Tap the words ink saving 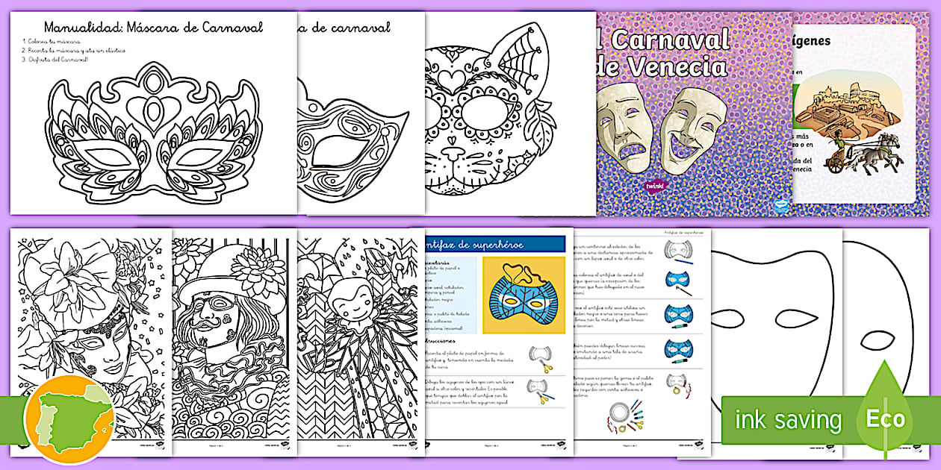(x=787, y=420)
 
